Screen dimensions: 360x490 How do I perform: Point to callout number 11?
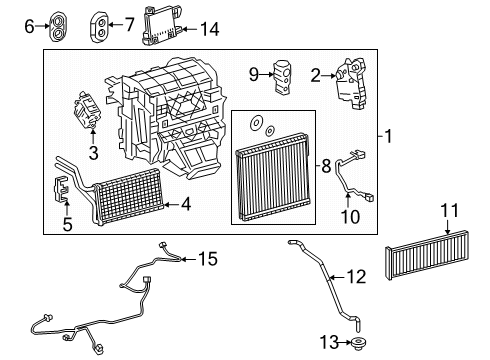tap(448, 210)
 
